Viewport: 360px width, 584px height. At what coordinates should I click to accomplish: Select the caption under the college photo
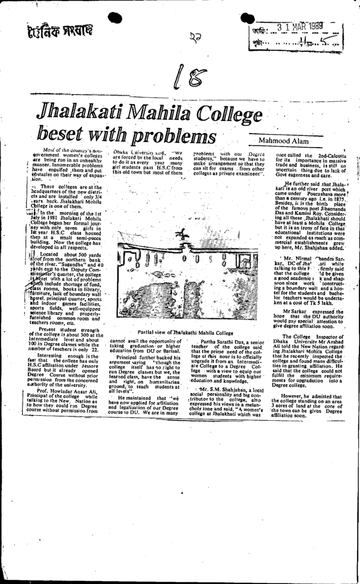coord(186,332)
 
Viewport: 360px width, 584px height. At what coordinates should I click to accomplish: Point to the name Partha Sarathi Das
coord(224,340)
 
